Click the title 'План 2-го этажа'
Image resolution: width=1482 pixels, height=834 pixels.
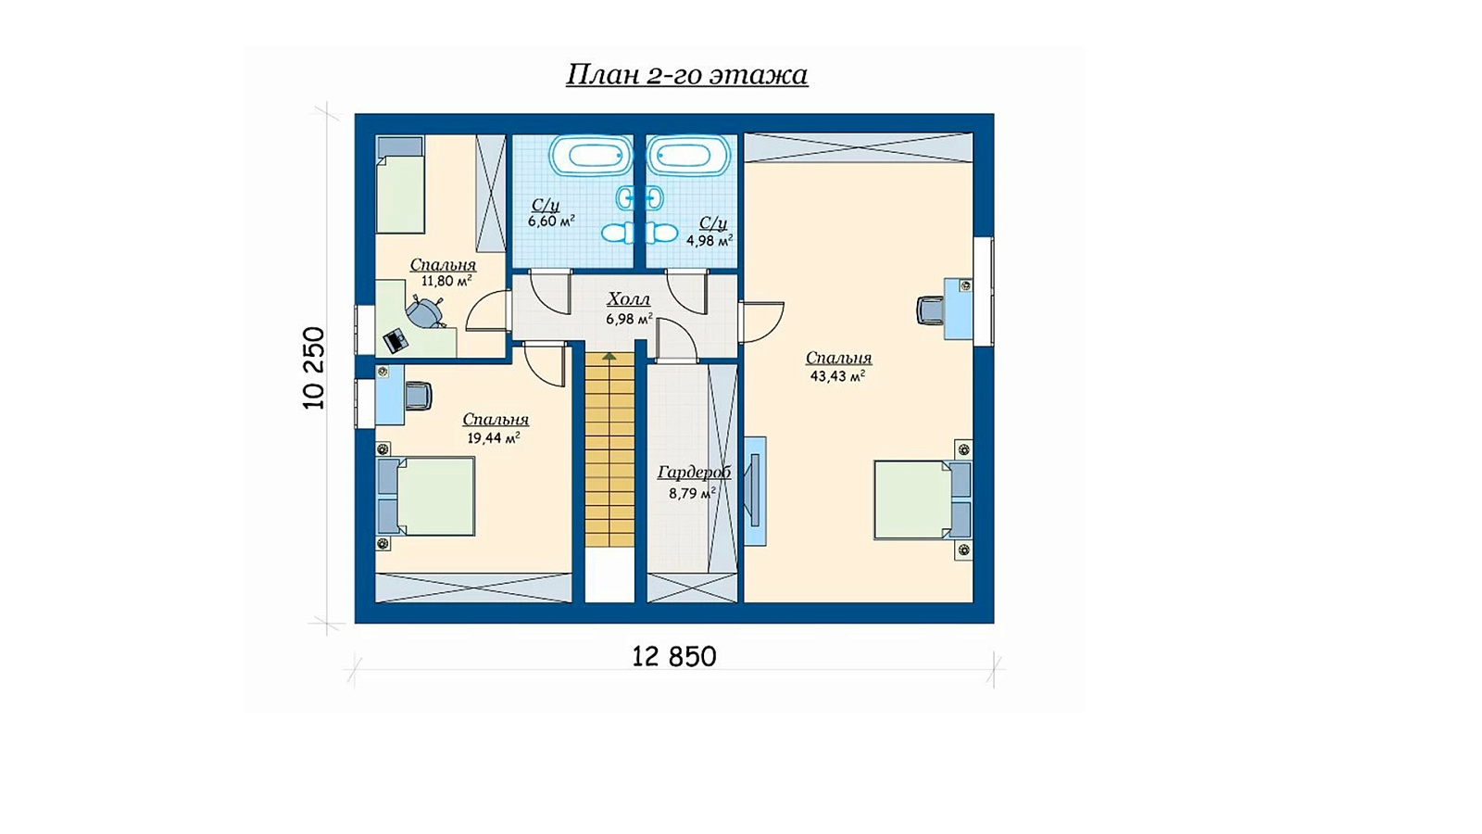click(x=686, y=75)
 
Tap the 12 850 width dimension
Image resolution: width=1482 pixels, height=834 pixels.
click(x=674, y=657)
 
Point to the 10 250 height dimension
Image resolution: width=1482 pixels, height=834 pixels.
click(x=315, y=368)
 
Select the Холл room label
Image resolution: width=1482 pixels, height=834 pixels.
click(x=629, y=299)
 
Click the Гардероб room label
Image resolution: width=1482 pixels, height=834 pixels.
click(x=694, y=473)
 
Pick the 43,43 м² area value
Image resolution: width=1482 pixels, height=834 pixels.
click(x=838, y=376)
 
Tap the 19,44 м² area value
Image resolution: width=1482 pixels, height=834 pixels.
click(x=494, y=437)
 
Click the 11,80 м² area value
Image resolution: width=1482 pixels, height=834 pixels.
click(x=446, y=281)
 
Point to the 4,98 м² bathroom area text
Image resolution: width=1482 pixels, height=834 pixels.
click(x=710, y=240)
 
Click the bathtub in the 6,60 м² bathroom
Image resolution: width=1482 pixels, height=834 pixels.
click(x=591, y=156)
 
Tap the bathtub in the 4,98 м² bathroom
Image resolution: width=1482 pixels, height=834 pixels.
click(x=688, y=156)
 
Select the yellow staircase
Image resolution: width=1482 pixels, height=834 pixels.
click(x=609, y=450)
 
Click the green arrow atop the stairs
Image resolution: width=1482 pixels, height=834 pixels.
click(x=609, y=356)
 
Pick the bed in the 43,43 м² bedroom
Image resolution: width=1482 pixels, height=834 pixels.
click(x=923, y=500)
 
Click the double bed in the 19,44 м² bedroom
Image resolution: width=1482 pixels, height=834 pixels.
click(x=426, y=497)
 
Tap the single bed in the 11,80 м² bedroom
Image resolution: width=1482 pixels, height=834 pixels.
click(x=400, y=184)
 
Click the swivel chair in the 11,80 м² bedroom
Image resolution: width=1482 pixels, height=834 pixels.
click(x=425, y=311)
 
